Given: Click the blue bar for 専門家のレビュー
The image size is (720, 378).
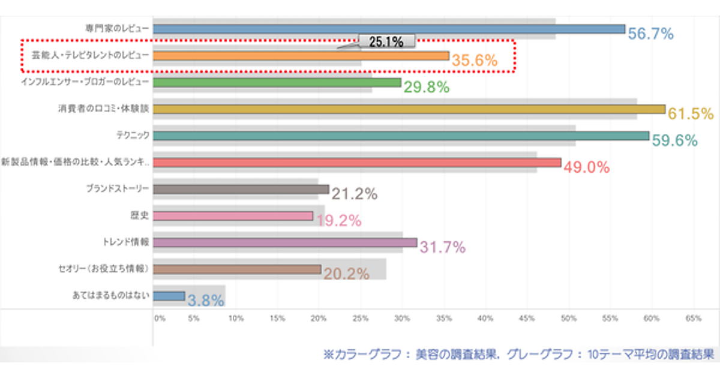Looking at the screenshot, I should pos(389,29).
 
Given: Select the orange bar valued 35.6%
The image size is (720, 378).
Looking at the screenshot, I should pos(301,56).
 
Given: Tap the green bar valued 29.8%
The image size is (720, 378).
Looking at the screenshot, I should pos(277,83).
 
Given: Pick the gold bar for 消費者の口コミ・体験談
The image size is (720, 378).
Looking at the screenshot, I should pos(409,109).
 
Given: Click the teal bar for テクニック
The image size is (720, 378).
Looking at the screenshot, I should pos(401,136).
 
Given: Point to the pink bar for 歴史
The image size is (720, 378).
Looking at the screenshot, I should pos(233,215).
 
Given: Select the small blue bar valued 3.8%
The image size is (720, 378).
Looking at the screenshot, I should pos(169,296).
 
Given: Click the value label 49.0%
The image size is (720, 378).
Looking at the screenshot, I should pos(587,167).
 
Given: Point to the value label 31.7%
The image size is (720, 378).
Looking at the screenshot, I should pos(443,247).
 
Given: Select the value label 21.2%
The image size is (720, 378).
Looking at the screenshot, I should pos(354,194).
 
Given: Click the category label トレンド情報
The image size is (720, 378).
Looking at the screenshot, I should pos(126,242).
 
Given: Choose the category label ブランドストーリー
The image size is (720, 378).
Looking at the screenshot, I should pos(118,189).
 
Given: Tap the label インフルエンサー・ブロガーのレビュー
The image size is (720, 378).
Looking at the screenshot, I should pos(85,82).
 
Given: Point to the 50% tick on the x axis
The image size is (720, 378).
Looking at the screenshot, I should pos(568,319).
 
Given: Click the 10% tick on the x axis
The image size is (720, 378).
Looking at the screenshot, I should pos(236,319).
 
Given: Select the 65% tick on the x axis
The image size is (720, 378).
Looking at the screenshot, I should pos(693,319).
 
